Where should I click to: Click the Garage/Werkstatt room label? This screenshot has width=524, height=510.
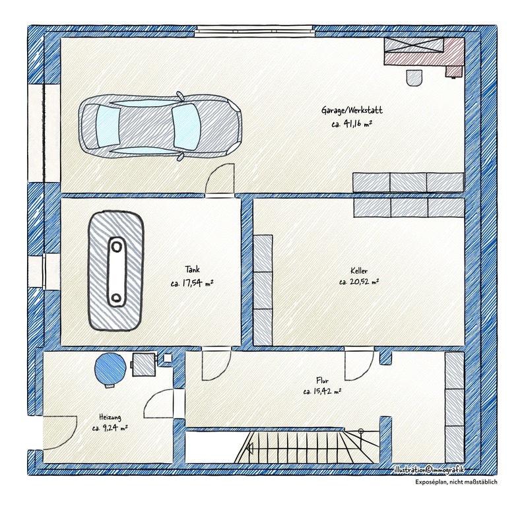[352, 110]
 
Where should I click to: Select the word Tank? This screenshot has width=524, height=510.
[193, 269]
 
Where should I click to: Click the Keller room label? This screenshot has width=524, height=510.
[359, 271]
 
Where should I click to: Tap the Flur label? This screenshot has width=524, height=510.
[323, 381]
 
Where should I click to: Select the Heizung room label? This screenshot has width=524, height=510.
[110, 417]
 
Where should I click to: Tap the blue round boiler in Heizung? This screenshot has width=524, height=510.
[110, 367]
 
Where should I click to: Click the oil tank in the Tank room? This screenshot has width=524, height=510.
[116, 271]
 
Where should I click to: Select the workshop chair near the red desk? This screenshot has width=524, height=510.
[414, 78]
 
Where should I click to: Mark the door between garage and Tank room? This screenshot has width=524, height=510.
[220, 179]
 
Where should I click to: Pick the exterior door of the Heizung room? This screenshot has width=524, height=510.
[60, 433]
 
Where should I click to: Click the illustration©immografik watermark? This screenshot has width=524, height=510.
[429, 470]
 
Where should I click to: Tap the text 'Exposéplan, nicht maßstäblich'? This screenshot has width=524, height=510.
[456, 482]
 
